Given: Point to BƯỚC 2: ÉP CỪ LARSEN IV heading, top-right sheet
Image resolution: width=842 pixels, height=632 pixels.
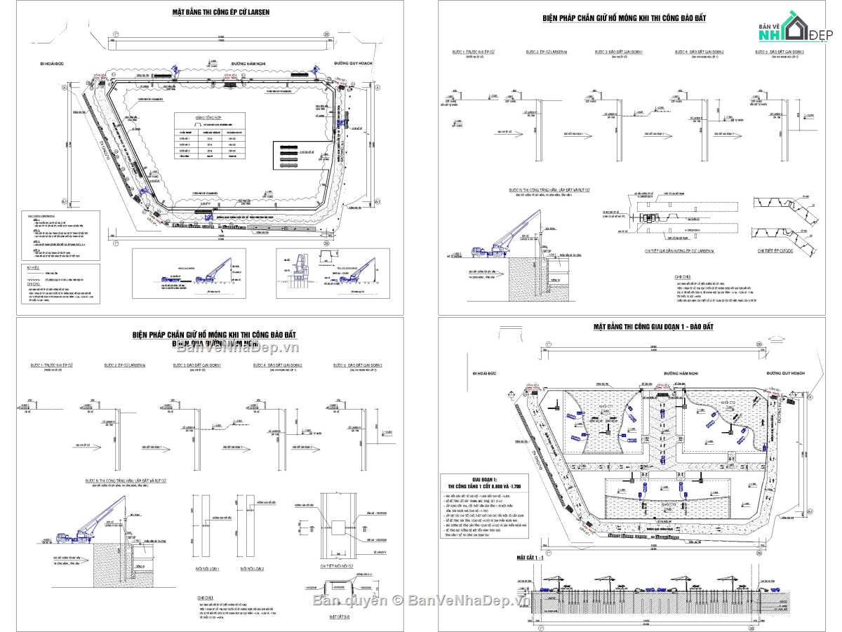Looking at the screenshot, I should tap(547, 53).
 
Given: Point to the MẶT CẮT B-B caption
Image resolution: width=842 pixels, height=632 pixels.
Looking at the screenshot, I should tap(340, 617).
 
